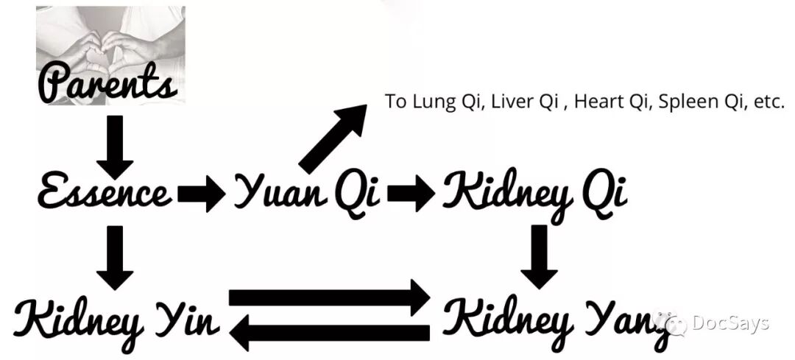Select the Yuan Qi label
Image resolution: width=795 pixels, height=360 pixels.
307,193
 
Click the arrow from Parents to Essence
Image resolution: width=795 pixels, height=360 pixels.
115,147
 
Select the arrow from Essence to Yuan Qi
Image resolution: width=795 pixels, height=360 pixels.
201,193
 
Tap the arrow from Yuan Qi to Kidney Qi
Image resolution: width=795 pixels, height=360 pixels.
411,193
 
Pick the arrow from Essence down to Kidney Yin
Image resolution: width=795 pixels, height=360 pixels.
115,258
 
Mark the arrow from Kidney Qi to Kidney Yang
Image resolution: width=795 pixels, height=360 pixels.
540,256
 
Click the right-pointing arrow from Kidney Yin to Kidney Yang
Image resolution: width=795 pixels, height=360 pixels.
330,297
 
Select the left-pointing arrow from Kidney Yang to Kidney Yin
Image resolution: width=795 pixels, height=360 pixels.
330,333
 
